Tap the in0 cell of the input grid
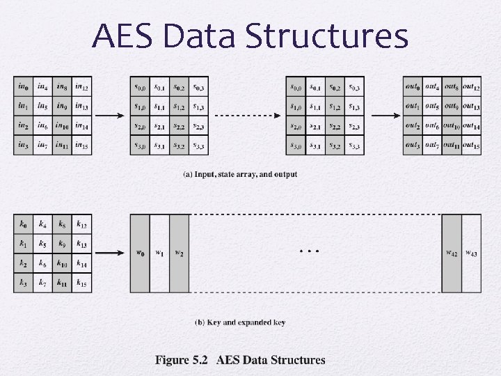[23, 87]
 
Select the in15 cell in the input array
[82, 146]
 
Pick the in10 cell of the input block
[63, 126]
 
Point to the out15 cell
[471, 146]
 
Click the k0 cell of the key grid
[23, 224]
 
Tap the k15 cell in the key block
[82, 283]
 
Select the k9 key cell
[63, 244]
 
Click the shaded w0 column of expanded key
[140, 253]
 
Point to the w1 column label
[159, 252]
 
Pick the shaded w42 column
[452, 253]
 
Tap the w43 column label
[471, 252]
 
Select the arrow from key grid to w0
[111, 253]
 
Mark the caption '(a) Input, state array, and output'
[239, 174]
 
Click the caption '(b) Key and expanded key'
[239, 322]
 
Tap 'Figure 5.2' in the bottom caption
[182, 360]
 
